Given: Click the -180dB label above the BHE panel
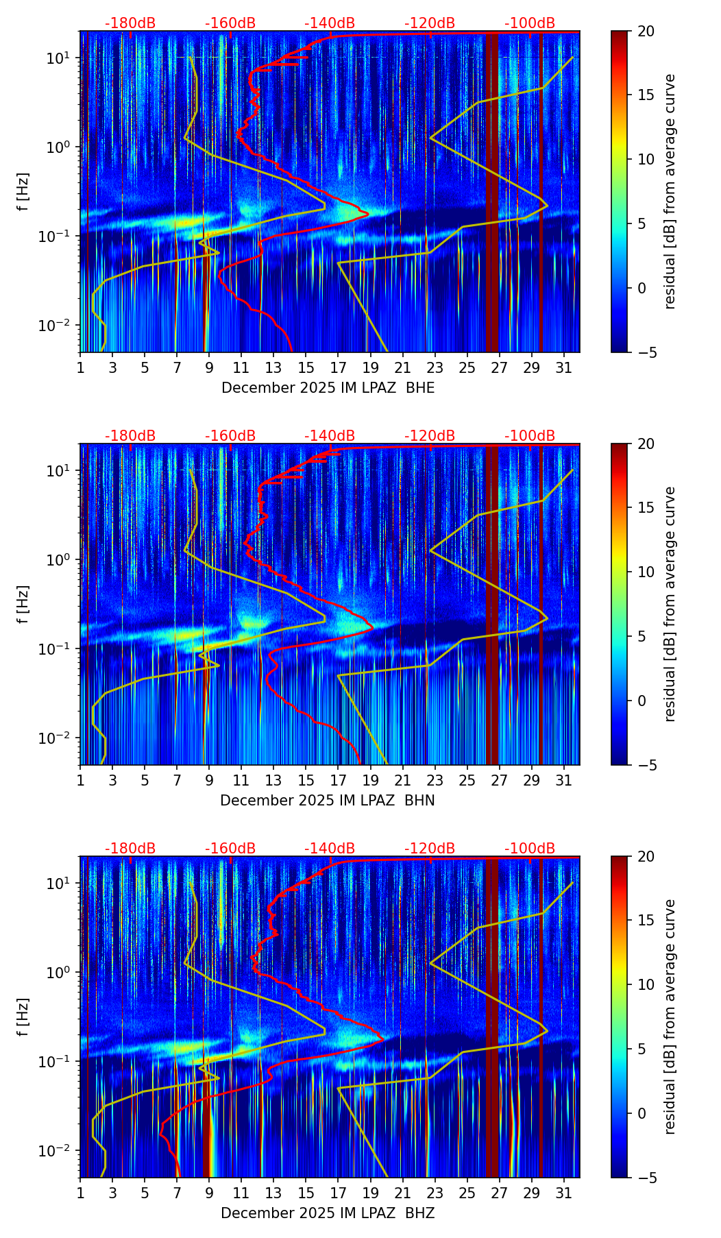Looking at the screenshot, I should [130, 23].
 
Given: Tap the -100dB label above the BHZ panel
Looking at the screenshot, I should [530, 849].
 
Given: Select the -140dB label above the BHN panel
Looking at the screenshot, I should [330, 436].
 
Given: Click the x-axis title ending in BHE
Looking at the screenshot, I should [328, 388].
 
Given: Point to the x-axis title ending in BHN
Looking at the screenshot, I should [328, 801].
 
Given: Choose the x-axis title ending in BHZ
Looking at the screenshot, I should [328, 1213].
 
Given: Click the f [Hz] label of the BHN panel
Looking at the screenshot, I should [23, 604].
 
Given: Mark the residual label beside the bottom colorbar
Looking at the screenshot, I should [670, 1017].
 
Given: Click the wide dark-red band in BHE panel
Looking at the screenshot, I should [492, 192].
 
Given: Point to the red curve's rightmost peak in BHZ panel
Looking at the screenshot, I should [382, 1039].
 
